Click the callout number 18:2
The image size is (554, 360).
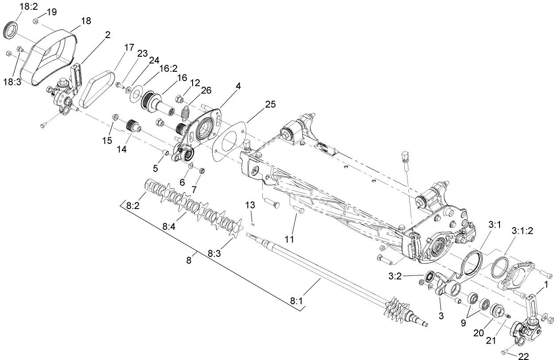[28, 6]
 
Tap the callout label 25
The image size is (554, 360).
[270, 104]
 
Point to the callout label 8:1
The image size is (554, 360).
[296, 300]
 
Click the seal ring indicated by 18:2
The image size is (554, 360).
[12, 29]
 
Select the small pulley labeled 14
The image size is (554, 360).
[132, 125]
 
